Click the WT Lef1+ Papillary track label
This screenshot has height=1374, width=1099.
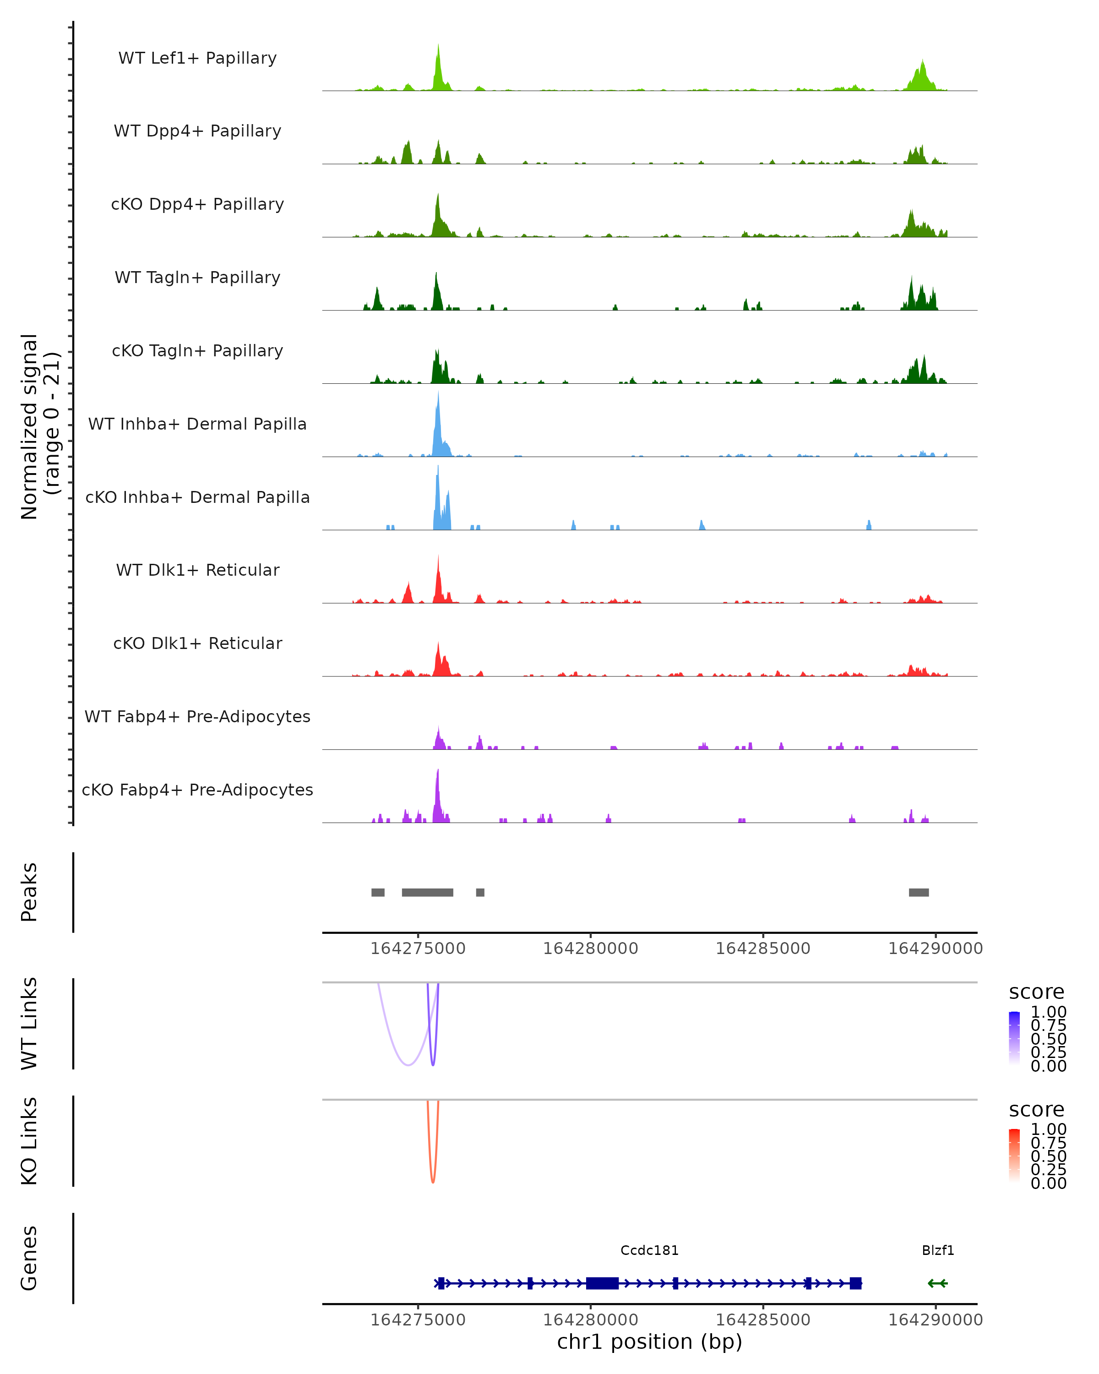pos(197,58)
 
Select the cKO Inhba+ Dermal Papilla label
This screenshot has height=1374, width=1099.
pos(197,497)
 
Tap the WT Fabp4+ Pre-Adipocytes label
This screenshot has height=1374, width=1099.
pos(197,716)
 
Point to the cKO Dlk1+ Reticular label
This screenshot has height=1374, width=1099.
pos(197,643)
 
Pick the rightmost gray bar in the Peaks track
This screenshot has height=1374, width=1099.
pos(919,892)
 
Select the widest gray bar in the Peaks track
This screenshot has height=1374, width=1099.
pos(428,892)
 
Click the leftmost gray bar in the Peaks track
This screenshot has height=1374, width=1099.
pos(378,892)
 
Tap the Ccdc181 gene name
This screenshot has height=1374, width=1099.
pos(649,1250)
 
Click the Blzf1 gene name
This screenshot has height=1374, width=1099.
pos(938,1250)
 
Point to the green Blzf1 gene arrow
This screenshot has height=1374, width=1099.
pos(937,1283)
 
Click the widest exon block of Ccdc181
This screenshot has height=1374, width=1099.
pos(602,1283)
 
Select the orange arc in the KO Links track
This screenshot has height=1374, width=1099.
pos(433,1181)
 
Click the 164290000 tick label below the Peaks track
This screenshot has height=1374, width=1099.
pos(935,949)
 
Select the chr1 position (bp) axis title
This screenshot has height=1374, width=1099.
pos(649,1342)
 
